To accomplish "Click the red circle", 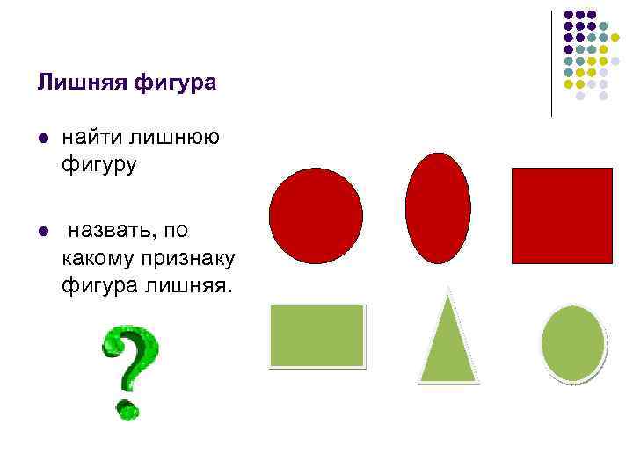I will point(316,215).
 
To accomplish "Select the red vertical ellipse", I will point(438,208).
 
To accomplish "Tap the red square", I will point(562,215).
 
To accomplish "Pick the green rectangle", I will point(316,334).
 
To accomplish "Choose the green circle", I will point(572,342).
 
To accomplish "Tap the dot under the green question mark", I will point(127,409).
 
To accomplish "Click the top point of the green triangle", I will point(448,290).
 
